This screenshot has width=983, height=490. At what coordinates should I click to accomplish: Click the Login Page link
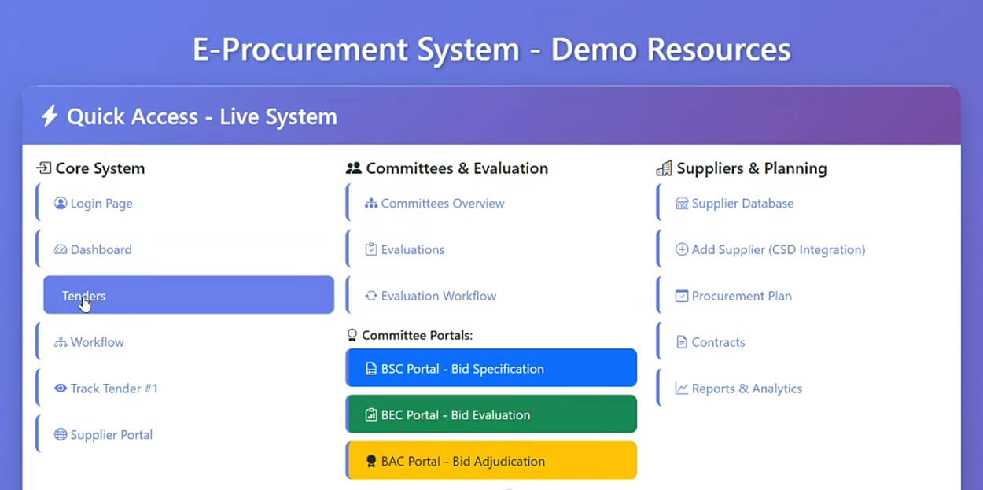click(x=93, y=203)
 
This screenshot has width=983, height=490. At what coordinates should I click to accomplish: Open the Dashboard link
click(x=93, y=249)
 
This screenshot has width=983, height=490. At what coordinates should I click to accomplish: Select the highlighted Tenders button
click(x=189, y=295)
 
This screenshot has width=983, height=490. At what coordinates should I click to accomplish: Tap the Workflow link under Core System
click(x=89, y=342)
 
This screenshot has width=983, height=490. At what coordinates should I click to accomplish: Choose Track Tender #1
click(x=105, y=388)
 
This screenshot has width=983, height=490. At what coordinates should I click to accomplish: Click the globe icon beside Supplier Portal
click(x=61, y=434)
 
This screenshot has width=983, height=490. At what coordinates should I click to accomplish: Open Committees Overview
click(x=434, y=203)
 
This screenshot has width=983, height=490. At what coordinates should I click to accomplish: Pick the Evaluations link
click(x=405, y=249)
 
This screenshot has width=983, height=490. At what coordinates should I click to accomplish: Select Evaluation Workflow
click(x=430, y=296)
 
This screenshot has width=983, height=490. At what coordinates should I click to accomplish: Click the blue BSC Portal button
click(x=491, y=368)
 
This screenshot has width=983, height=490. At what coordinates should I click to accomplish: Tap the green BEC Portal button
click(x=491, y=414)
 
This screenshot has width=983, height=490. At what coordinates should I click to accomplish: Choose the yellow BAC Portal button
click(x=491, y=460)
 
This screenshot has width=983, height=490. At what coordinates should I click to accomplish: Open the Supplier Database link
click(x=734, y=203)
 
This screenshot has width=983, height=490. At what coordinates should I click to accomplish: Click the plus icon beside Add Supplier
click(x=682, y=249)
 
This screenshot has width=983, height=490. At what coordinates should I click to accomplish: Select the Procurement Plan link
click(x=733, y=296)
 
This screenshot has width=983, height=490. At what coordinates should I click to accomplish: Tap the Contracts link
click(x=710, y=342)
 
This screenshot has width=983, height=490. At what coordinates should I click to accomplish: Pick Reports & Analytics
click(x=738, y=388)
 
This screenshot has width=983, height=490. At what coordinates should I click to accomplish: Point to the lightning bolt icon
click(x=49, y=116)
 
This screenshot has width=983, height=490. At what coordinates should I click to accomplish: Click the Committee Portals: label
click(x=417, y=335)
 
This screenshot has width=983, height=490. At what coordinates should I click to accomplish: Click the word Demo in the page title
click(x=595, y=49)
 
